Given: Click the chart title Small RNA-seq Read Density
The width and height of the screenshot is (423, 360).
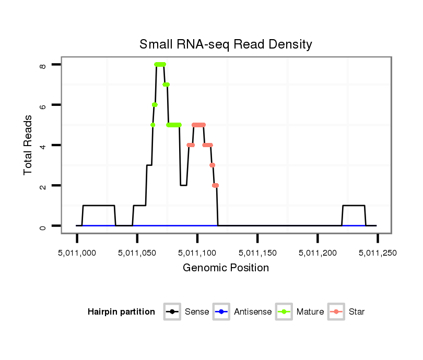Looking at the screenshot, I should pos(226,44).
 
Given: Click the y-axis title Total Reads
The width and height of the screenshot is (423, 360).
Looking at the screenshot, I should pos(28,145).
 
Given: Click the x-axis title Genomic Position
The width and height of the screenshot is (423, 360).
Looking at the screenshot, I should pos(226,268).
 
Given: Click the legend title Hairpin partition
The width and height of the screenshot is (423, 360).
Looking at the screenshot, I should pos(121,312).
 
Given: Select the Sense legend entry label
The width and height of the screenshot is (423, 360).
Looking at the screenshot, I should pos(197,312).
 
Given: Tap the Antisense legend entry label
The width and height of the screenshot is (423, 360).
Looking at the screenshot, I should pos(253,312).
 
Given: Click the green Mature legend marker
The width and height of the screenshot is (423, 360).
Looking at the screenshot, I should pos(286,312).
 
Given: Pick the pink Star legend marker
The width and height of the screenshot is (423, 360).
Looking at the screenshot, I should pos(337,312).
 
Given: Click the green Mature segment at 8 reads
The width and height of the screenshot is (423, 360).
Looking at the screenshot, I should pos(160,64).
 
